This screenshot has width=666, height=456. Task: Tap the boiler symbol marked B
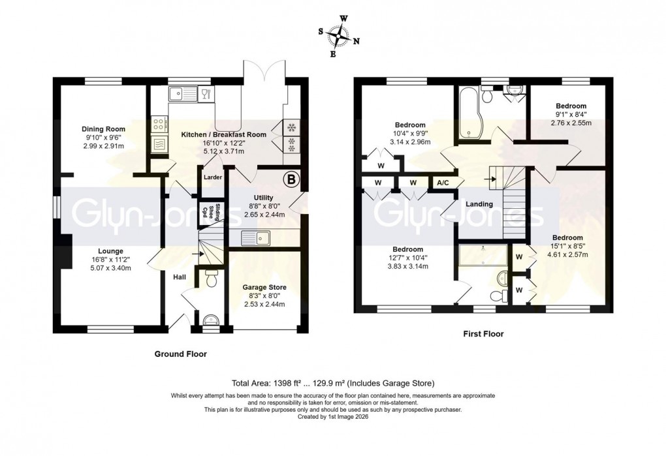[x=289, y=178]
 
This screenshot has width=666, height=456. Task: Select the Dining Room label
[x=103, y=129]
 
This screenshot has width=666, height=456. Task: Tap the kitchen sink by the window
[x=178, y=95]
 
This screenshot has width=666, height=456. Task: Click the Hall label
[x=179, y=277]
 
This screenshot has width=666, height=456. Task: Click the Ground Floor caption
[x=180, y=354]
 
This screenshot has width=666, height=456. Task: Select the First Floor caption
[x=483, y=334]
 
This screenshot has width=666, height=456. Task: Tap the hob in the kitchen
[x=159, y=123]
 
